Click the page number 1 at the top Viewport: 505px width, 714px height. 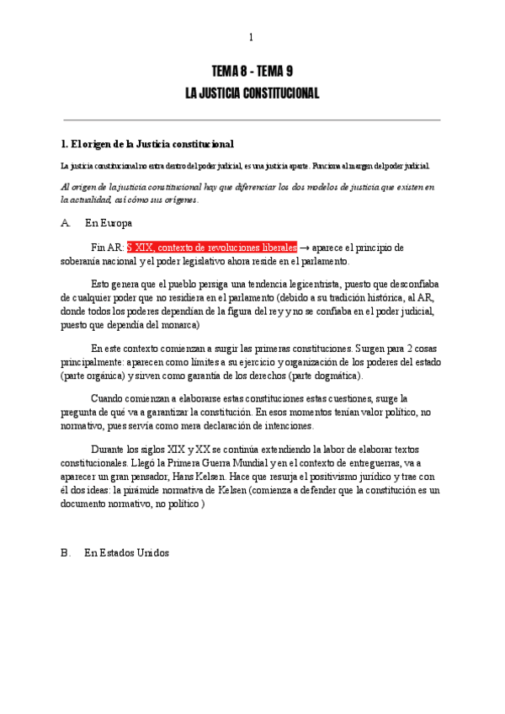tap(251, 38)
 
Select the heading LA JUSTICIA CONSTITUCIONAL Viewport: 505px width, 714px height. tap(252, 93)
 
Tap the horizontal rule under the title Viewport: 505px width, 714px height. tap(252, 120)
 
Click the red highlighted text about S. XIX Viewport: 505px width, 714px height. tap(211, 248)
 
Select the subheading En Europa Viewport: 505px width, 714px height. tap(108, 223)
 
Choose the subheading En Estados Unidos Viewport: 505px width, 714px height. tap(126, 553)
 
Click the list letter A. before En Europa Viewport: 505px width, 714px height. tap(66, 223)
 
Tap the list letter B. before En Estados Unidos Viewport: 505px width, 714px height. tap(66, 553)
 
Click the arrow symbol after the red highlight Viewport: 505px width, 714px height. tap(304, 248)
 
